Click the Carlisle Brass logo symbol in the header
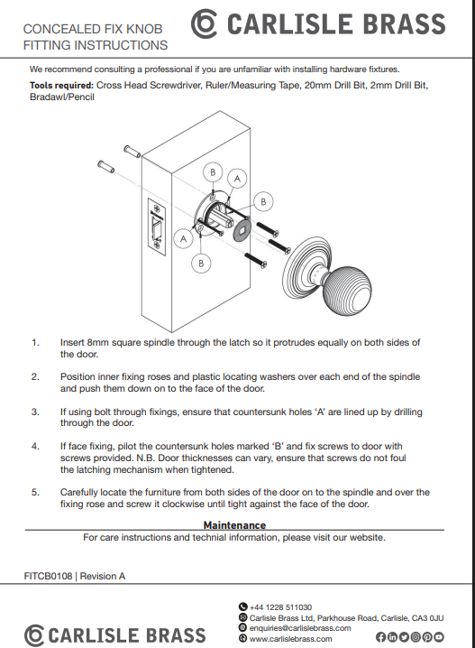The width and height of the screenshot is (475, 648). tap(204, 23)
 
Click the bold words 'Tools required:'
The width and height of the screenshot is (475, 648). tap(61, 86)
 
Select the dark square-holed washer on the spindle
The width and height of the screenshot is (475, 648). tap(242, 229)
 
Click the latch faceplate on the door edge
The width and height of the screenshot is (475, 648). tap(157, 227)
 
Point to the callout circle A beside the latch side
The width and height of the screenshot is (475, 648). tap(183, 238)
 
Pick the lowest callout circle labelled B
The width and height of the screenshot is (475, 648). tap(201, 264)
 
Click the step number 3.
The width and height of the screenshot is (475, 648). tap(35, 412)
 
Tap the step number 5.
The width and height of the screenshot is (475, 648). tap(35, 492)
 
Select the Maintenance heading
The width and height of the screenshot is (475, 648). tap(234, 525)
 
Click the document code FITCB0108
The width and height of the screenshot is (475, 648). tap(48, 576)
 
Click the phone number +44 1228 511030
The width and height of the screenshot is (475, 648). tap(280, 607)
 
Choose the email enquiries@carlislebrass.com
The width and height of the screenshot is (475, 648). tap(300, 628)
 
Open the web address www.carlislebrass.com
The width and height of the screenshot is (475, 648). tap(290, 639)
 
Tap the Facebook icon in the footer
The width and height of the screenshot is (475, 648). tap(380, 637)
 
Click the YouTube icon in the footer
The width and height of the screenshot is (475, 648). tap(439, 637)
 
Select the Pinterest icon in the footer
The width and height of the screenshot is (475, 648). tap(427, 637)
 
